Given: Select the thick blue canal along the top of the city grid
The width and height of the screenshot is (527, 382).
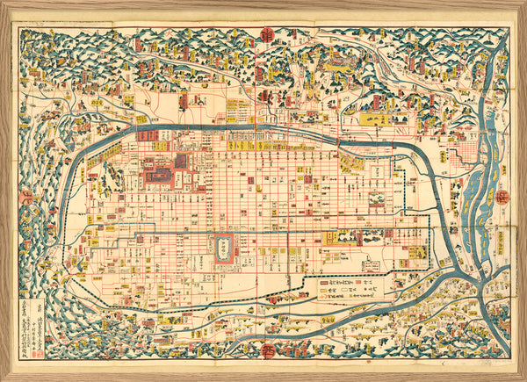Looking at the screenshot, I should tap(263, 130).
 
